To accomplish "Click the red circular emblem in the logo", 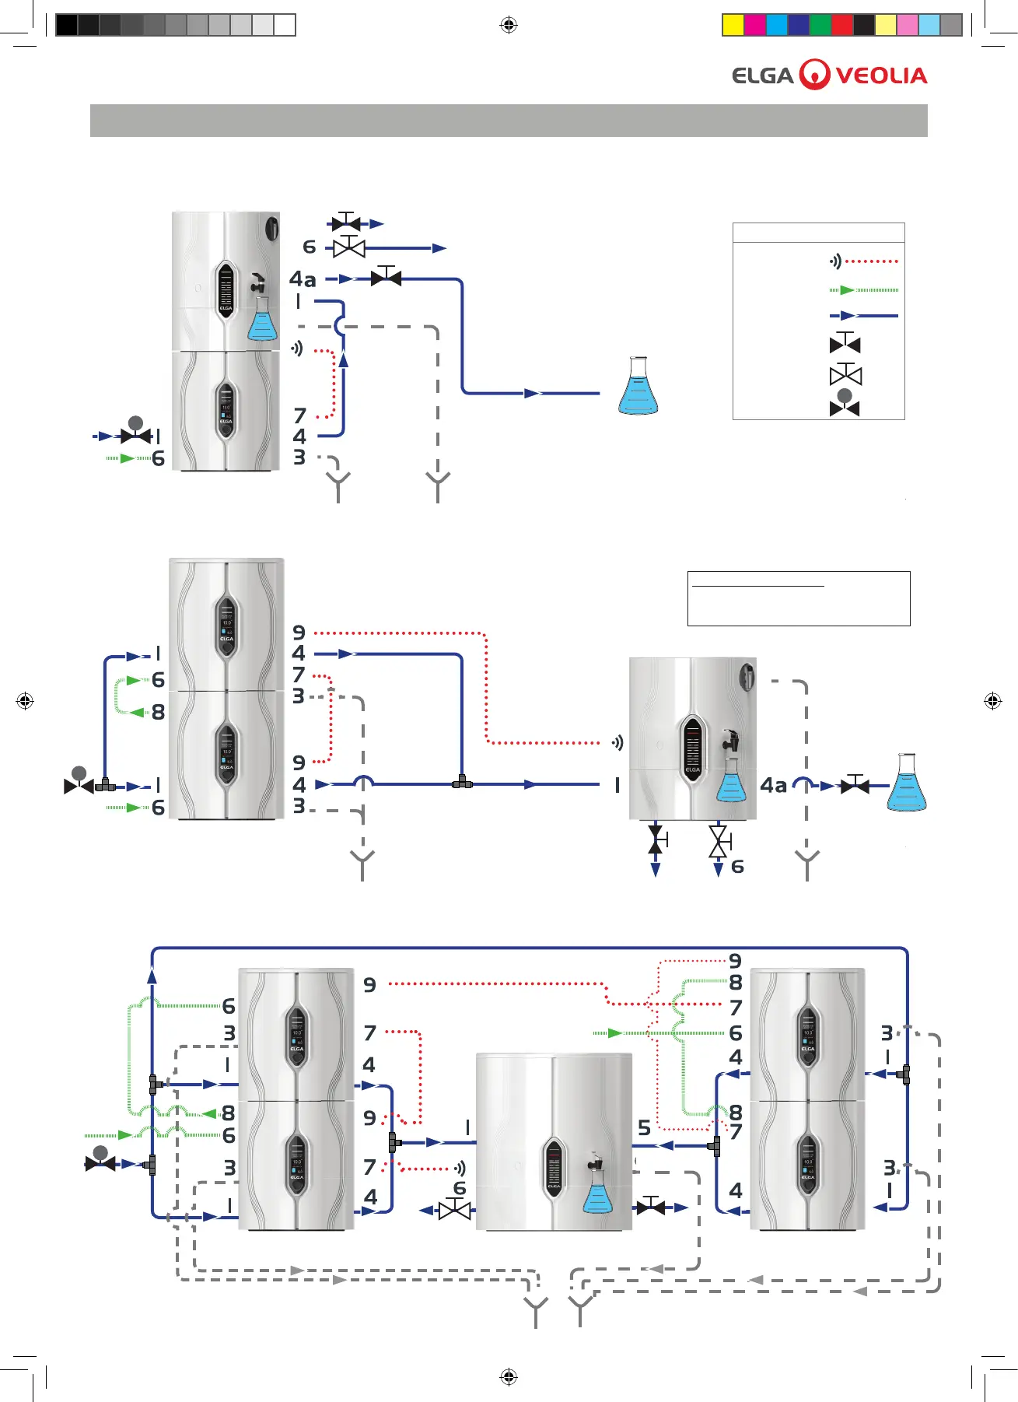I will pyautogui.click(x=815, y=75).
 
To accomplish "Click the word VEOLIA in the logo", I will pyautogui.click(x=881, y=75).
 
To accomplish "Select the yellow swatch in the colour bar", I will pyautogui.click(x=733, y=25).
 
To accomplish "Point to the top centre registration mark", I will pyautogui.click(x=509, y=25).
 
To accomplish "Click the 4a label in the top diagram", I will pyautogui.click(x=303, y=279).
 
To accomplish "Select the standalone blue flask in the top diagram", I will pyautogui.click(x=638, y=386).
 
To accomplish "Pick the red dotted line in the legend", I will pyautogui.click(x=872, y=261).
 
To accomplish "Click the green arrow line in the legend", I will pyautogui.click(x=864, y=290).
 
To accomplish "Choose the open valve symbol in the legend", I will pyautogui.click(x=845, y=375).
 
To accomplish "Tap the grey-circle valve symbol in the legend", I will pyautogui.click(x=845, y=404).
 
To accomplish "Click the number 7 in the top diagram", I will pyautogui.click(x=300, y=416).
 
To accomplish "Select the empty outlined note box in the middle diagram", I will pyautogui.click(x=799, y=598).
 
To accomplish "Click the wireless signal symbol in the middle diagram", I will pyautogui.click(x=617, y=743).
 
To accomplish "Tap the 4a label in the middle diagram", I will pyautogui.click(x=774, y=786).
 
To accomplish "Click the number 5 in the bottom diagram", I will pyautogui.click(x=644, y=1127).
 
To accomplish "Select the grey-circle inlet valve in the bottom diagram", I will pyautogui.click(x=100, y=1160).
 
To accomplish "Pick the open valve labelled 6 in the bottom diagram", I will pyautogui.click(x=455, y=1209).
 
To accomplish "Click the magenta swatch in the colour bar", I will pyautogui.click(x=755, y=25).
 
